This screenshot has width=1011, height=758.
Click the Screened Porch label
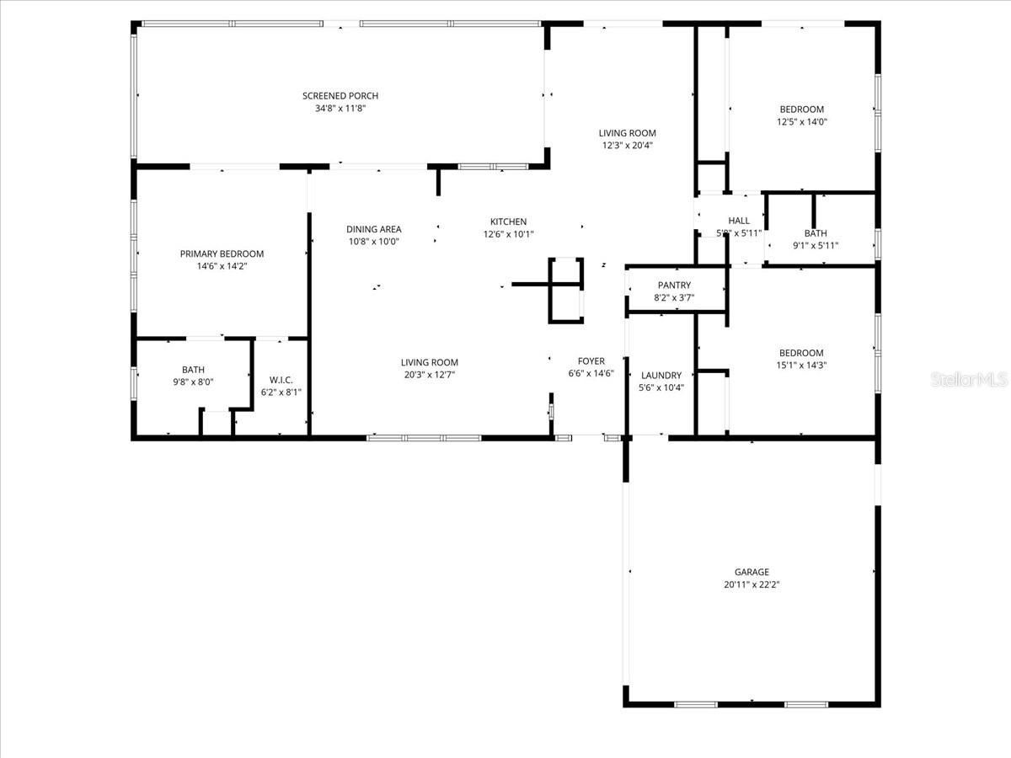340,96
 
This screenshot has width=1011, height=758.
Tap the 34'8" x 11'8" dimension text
340,109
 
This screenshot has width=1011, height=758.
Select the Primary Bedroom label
222,254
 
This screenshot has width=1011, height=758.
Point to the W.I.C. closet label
281,380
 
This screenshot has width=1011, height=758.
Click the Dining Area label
373,229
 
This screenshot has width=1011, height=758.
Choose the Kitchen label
508,222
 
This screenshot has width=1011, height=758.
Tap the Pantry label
674,286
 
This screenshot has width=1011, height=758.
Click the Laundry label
661,376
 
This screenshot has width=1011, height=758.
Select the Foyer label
591,361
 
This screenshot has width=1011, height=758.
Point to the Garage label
751,572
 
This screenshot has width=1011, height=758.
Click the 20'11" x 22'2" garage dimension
751,585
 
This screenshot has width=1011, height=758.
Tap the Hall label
738,221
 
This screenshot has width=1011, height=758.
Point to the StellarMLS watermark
968,380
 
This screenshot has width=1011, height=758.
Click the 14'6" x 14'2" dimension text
222,266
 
